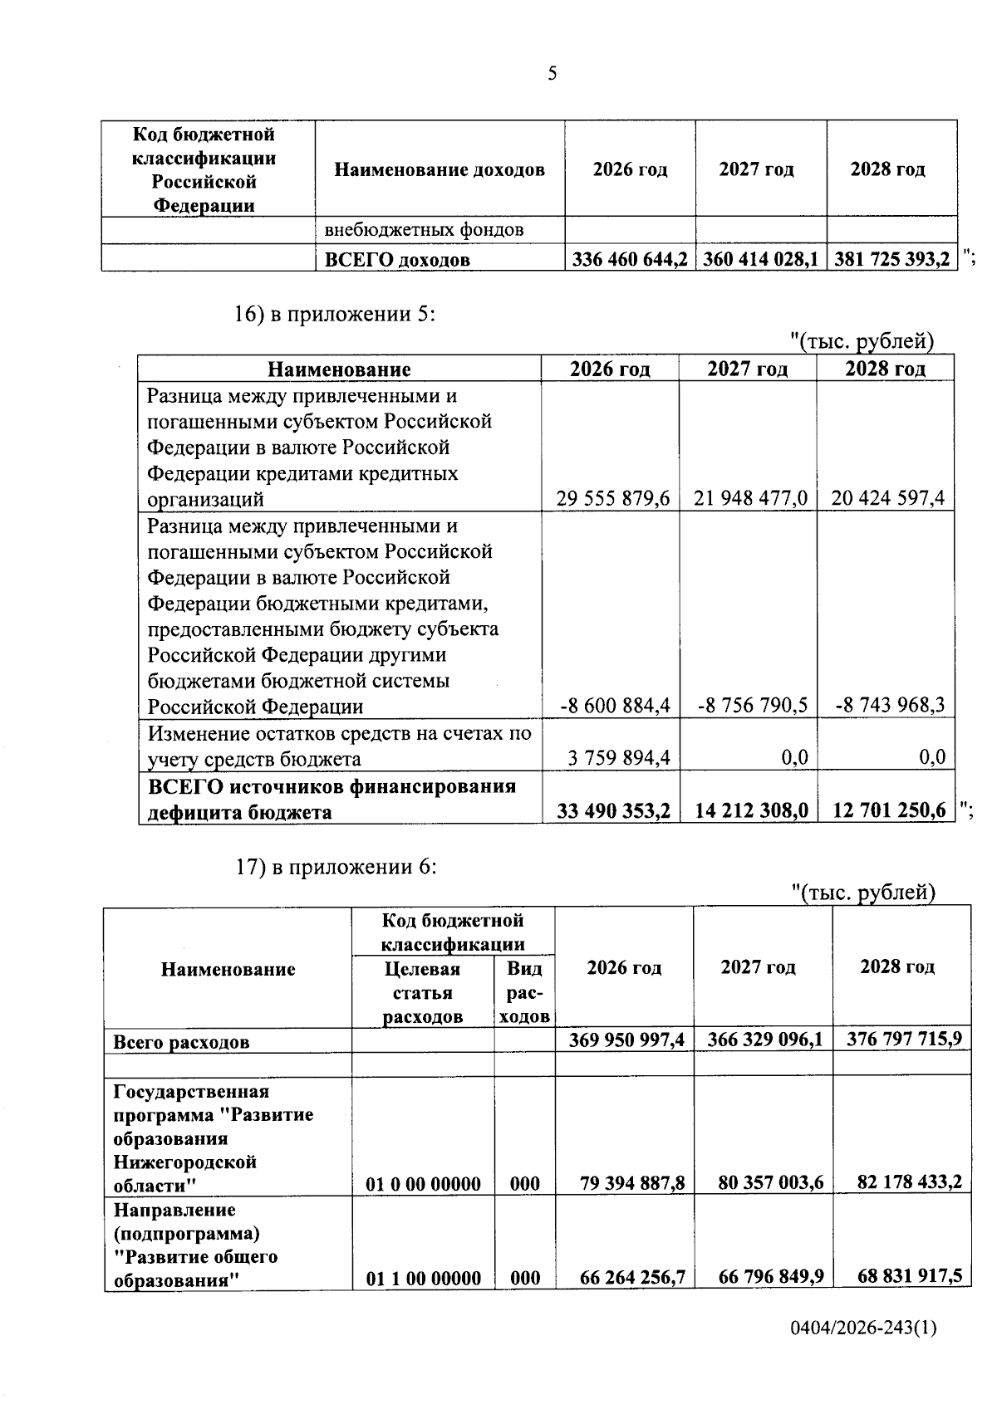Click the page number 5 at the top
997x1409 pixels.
(553, 75)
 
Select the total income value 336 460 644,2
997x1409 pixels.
(630, 260)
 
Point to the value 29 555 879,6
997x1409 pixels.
(615, 499)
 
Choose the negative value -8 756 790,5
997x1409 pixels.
(753, 706)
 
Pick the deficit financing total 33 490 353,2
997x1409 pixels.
(614, 811)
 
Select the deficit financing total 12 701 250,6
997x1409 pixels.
(888, 811)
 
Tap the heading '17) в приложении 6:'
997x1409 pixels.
(336, 867)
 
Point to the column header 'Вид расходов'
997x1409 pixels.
(524, 992)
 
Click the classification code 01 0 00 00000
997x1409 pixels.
(423, 1184)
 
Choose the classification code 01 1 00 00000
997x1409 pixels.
(423, 1278)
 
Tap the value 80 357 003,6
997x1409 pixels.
(770, 1182)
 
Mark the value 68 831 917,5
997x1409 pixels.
(909, 1275)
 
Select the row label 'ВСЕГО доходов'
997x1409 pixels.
(396, 260)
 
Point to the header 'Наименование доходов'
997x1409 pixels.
(440, 170)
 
